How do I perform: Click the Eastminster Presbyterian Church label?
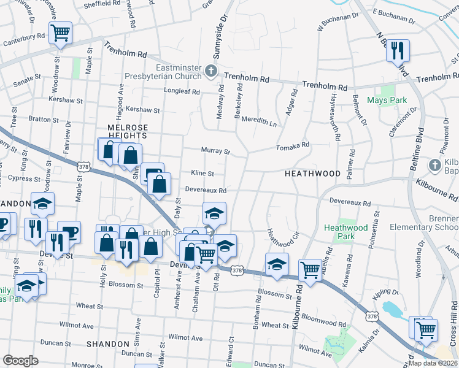(170, 72)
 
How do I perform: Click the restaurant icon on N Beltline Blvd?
(398, 50)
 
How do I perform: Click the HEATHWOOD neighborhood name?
(312, 174)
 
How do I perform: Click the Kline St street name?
(201, 174)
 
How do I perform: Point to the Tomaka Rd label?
(292, 146)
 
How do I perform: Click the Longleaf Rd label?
(182, 92)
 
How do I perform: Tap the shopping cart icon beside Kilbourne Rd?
(310, 269)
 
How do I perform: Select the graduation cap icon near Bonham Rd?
(277, 264)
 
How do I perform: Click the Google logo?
(20, 361)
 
